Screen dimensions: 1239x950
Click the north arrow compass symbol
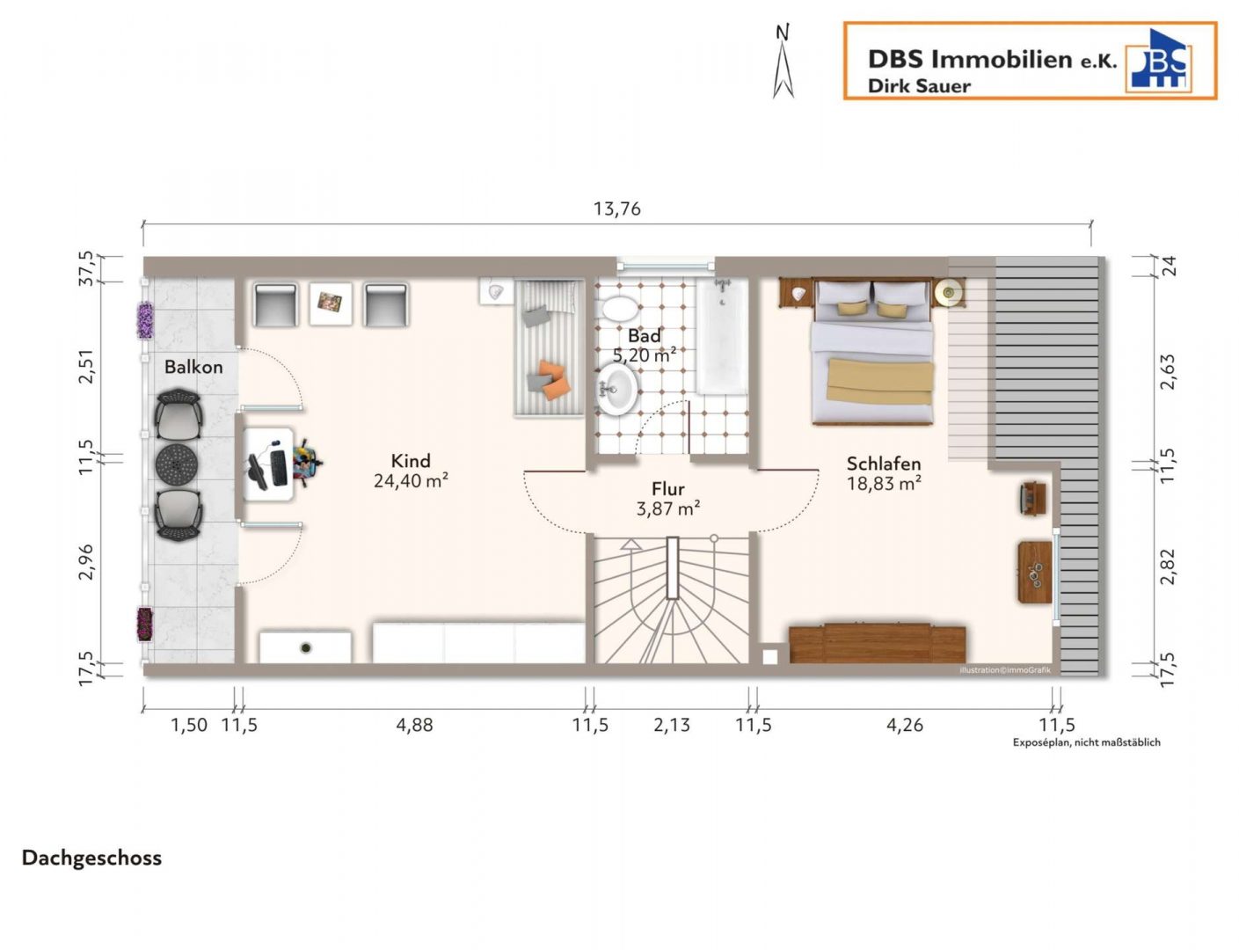click(783, 62)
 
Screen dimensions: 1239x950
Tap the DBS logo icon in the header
click(1158, 61)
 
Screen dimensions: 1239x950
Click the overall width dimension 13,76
click(617, 209)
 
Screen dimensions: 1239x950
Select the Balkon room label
click(193, 367)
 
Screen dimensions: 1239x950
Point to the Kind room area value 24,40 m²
click(411, 480)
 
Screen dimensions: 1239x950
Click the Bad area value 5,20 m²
click(645, 355)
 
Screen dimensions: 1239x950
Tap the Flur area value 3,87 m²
click(668, 508)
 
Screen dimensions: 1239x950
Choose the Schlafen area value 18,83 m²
click(884, 484)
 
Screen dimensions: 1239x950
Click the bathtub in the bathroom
click(722, 336)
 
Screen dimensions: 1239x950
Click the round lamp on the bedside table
click(948, 293)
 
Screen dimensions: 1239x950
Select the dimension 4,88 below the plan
click(414, 726)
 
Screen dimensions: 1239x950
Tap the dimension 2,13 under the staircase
click(672, 726)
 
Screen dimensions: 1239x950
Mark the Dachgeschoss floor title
click(91, 859)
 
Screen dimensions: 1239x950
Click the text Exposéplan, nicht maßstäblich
click(1086, 742)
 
